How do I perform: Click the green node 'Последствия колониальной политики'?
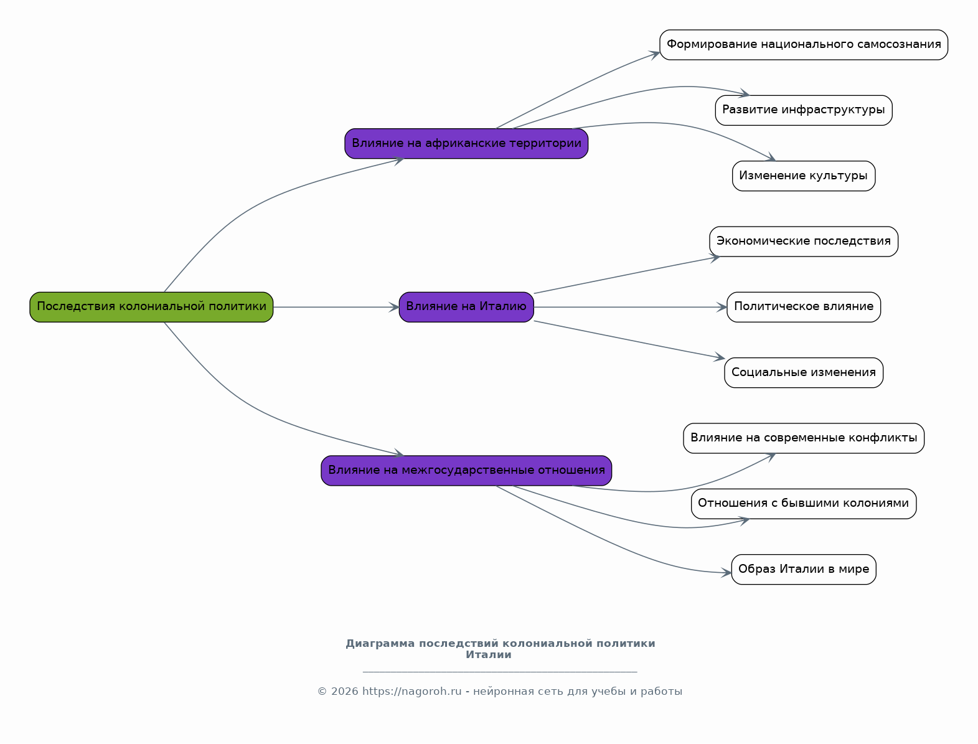151,307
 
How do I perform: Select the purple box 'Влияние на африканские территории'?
466,143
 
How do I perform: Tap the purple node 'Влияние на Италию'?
466,307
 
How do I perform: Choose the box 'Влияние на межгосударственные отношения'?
466,471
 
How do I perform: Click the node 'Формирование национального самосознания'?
803,45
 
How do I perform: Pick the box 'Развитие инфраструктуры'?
803,110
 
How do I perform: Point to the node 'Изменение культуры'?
803,176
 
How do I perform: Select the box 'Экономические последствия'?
803,242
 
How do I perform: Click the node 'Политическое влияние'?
803,307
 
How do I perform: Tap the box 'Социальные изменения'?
803,372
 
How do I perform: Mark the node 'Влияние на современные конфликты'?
803,438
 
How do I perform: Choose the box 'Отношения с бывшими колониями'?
803,504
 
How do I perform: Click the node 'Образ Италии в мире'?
803,569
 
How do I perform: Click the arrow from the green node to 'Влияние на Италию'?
336,307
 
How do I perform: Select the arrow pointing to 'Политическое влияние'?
631,307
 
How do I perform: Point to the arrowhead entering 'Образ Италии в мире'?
726,573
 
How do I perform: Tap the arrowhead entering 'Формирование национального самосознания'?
654,54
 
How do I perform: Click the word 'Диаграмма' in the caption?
380,644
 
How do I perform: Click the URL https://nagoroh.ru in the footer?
411,692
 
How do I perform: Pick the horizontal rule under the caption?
500,672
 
